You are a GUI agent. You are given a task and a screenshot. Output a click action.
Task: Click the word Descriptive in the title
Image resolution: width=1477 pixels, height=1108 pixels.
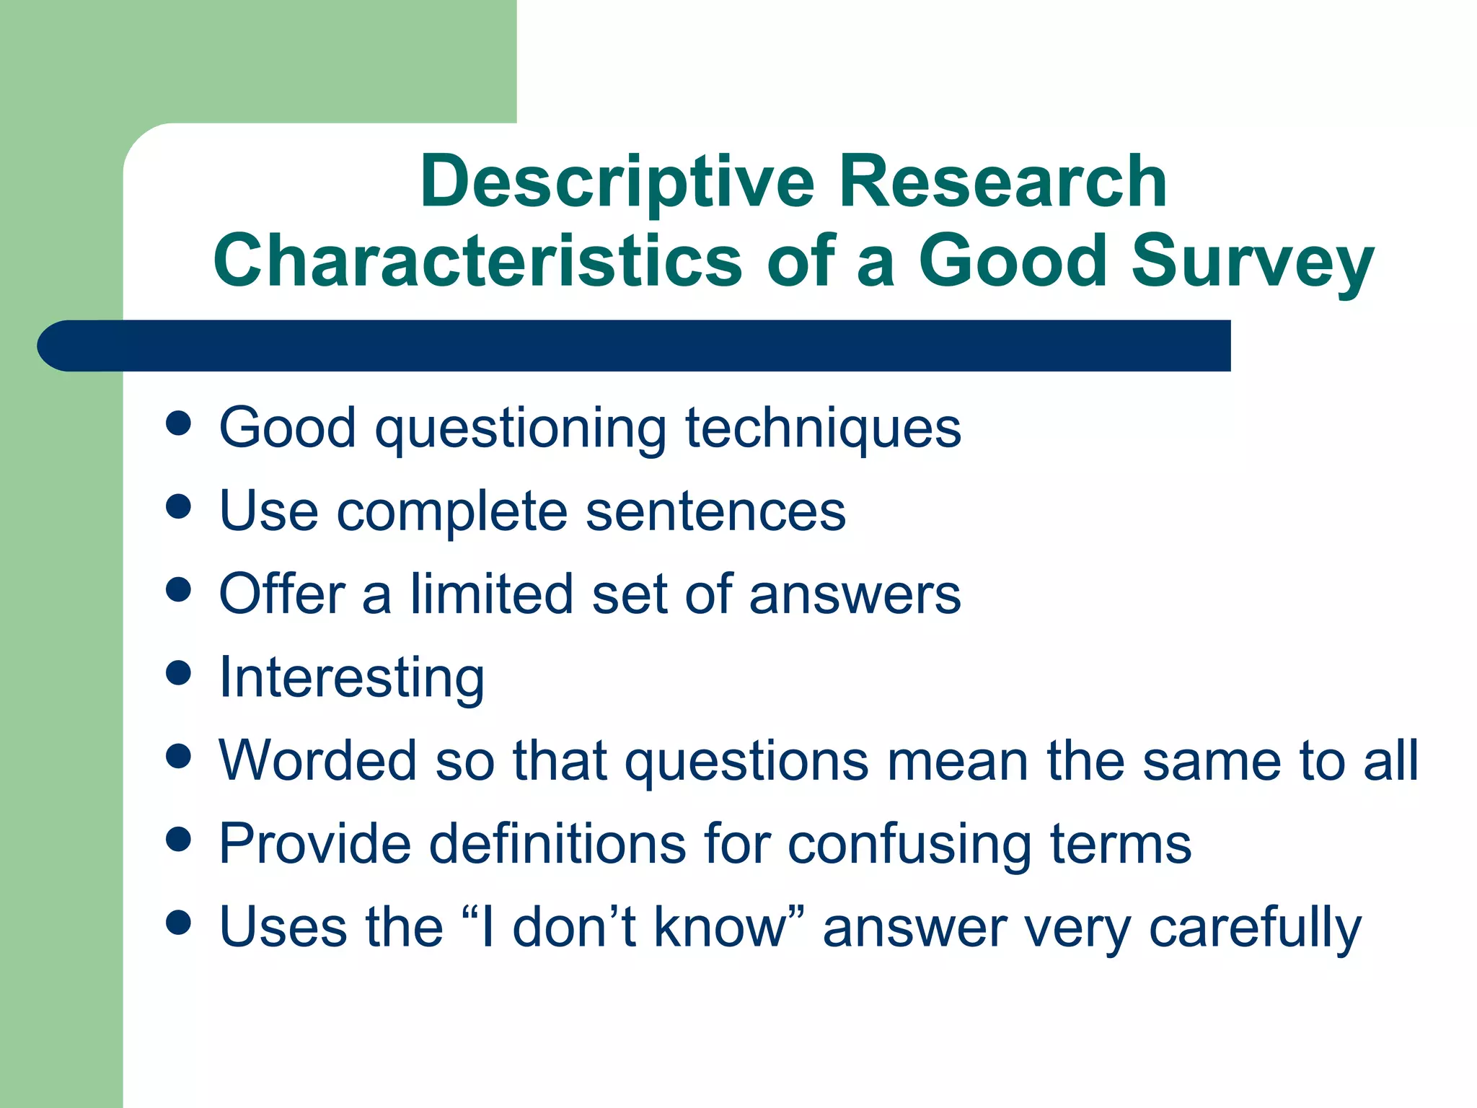[617, 183]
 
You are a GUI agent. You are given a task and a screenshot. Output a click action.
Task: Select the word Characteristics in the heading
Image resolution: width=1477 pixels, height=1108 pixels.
[477, 261]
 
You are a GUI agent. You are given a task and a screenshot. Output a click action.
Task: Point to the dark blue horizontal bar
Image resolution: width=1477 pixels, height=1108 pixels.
[635, 346]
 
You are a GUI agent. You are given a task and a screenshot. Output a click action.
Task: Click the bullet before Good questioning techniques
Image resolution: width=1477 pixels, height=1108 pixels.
[178, 424]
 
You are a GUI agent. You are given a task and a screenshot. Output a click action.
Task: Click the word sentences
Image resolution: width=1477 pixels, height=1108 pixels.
[715, 511]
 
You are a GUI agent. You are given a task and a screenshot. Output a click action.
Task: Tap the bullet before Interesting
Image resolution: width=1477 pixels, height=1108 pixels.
[178, 673]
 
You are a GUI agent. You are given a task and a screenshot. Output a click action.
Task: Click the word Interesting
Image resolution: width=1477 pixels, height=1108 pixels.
[351, 677]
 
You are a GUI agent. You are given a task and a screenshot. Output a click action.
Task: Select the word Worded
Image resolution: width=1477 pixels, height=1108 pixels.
[318, 760]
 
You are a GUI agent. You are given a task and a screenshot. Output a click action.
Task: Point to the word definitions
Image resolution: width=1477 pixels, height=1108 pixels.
[557, 843]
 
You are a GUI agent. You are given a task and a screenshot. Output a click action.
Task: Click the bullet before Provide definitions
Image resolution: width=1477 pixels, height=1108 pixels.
[178, 839]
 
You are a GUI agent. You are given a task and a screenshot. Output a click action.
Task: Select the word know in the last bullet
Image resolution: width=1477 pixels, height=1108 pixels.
[728, 926]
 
